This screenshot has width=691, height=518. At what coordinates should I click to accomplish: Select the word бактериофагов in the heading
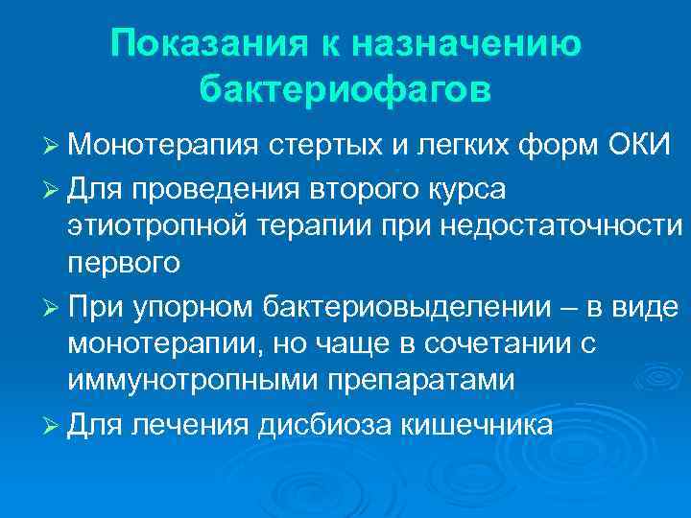(x=345, y=88)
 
